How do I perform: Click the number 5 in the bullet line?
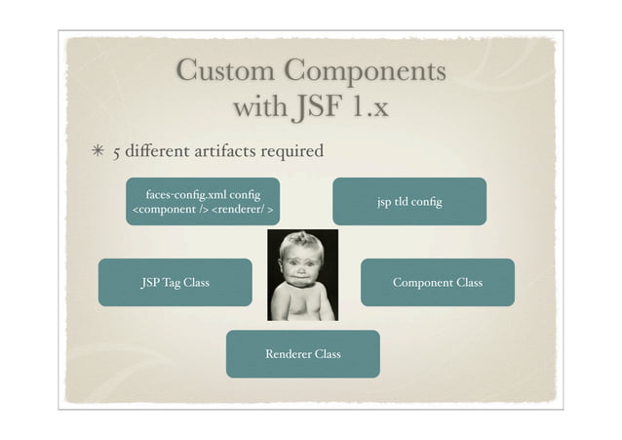pos(117,152)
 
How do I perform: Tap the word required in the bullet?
pos(290,151)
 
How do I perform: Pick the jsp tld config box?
pos(409,202)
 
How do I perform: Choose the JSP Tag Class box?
pos(175,283)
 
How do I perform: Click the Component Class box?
pos(437,283)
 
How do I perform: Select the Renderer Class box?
pos(303,353)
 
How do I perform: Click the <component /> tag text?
pos(169,210)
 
